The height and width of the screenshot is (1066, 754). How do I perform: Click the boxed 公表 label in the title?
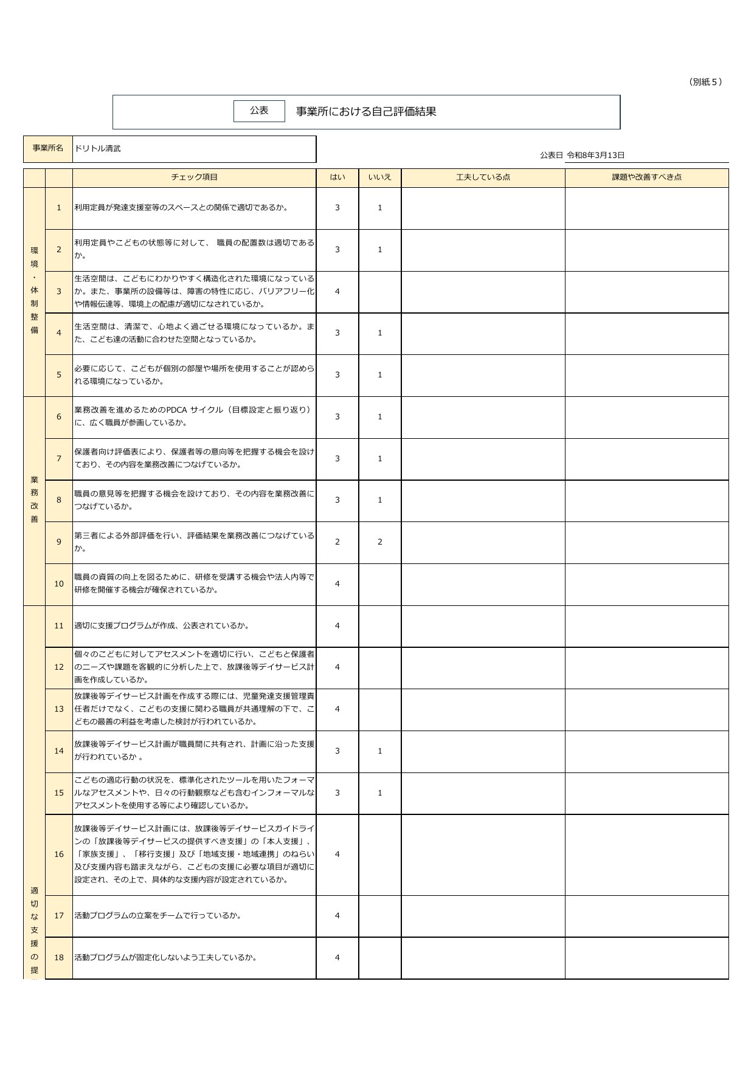(259, 111)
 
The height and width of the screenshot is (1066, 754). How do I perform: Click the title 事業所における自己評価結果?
(366, 112)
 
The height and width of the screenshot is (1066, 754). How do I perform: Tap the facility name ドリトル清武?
(98, 148)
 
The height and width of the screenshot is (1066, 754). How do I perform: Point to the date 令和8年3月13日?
(595, 155)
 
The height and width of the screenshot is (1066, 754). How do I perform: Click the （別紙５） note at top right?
(705, 82)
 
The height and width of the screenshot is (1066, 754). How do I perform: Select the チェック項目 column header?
(194, 177)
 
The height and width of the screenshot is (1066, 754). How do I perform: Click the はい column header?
(337, 177)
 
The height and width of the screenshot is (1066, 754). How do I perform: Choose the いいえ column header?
(379, 177)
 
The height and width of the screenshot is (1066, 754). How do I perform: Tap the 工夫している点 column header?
(483, 177)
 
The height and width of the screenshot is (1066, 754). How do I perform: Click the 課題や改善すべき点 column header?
(646, 177)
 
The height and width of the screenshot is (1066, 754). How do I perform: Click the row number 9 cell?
(59, 542)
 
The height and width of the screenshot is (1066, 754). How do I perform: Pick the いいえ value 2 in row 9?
(380, 542)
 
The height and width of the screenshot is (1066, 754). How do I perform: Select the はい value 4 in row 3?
(337, 292)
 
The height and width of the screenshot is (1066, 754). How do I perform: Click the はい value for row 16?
(337, 855)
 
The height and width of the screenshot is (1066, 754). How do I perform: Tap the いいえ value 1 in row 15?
(380, 793)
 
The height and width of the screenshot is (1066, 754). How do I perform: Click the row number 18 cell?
(59, 958)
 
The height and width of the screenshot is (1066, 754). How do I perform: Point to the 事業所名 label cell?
(48, 148)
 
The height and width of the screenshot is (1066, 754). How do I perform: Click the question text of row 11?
(162, 626)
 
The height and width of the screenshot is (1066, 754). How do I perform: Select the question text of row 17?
(158, 916)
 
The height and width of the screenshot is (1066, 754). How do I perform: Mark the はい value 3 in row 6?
(337, 417)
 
